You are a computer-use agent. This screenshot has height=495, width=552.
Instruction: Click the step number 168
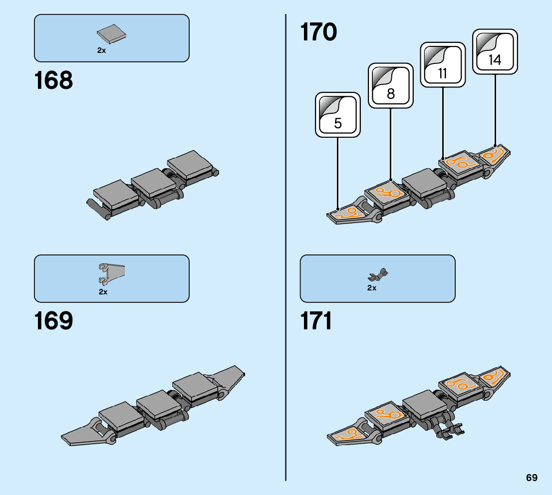point(53,80)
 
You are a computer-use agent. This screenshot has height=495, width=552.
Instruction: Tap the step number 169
point(53,321)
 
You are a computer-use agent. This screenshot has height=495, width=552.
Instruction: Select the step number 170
point(318,33)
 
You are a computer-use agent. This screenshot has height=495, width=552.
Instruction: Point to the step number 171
point(317,321)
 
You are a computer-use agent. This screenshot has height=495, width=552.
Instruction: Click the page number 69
point(531,478)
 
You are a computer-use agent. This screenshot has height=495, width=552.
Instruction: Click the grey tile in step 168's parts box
point(111,33)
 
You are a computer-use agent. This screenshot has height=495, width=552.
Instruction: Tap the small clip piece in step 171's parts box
point(378,274)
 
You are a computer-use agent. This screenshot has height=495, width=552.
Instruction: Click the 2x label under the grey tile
point(101,50)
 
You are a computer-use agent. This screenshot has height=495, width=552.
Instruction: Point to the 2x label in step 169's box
point(103,292)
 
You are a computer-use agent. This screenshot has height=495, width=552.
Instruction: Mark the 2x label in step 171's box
point(371,288)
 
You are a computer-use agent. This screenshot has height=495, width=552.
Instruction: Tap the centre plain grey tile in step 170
point(423,181)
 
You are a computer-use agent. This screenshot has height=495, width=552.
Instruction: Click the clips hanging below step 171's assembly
point(449,429)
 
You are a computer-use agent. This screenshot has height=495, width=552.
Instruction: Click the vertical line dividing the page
point(285,249)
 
